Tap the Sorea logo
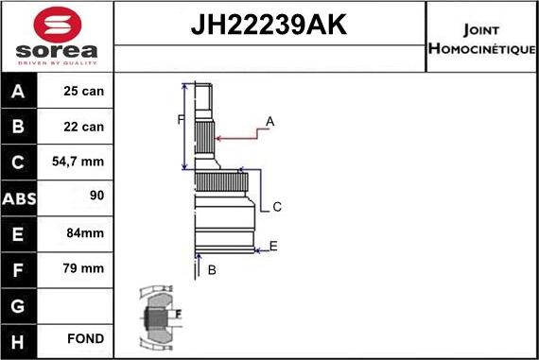coord(56,36)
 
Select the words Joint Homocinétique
coord(481,38)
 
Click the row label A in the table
coord(20,93)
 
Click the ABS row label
coord(20,198)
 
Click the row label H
coord(20,339)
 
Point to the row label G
coord(20,304)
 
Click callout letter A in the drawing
coord(270,122)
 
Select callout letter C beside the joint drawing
coord(277,207)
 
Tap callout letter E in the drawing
coord(273,247)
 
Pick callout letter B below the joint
coord(213,270)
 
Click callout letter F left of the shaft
coord(180,119)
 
